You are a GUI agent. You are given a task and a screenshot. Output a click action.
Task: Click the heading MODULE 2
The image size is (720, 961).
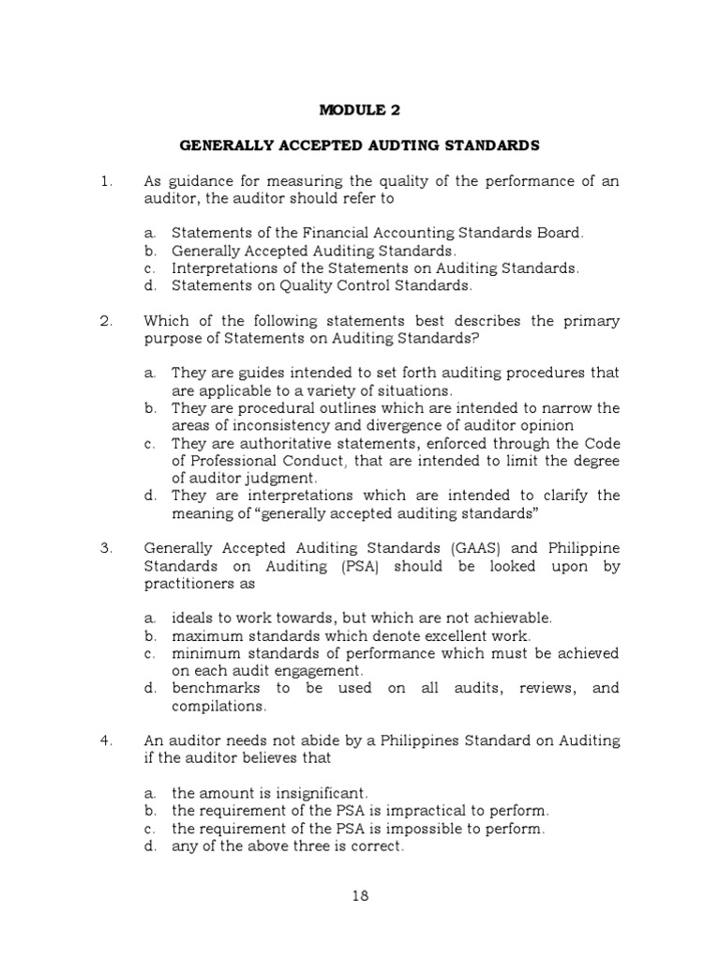click(x=359, y=110)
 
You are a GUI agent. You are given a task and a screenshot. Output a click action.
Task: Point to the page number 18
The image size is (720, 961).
click(x=360, y=894)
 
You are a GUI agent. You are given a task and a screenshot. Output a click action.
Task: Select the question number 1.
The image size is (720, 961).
click(x=106, y=181)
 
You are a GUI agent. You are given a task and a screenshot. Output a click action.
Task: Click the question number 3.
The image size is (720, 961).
click(x=106, y=546)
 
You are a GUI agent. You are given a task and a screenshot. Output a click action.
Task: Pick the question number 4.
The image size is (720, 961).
click(x=106, y=740)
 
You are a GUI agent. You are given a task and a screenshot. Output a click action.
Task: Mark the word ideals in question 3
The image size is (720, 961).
click(x=192, y=618)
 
